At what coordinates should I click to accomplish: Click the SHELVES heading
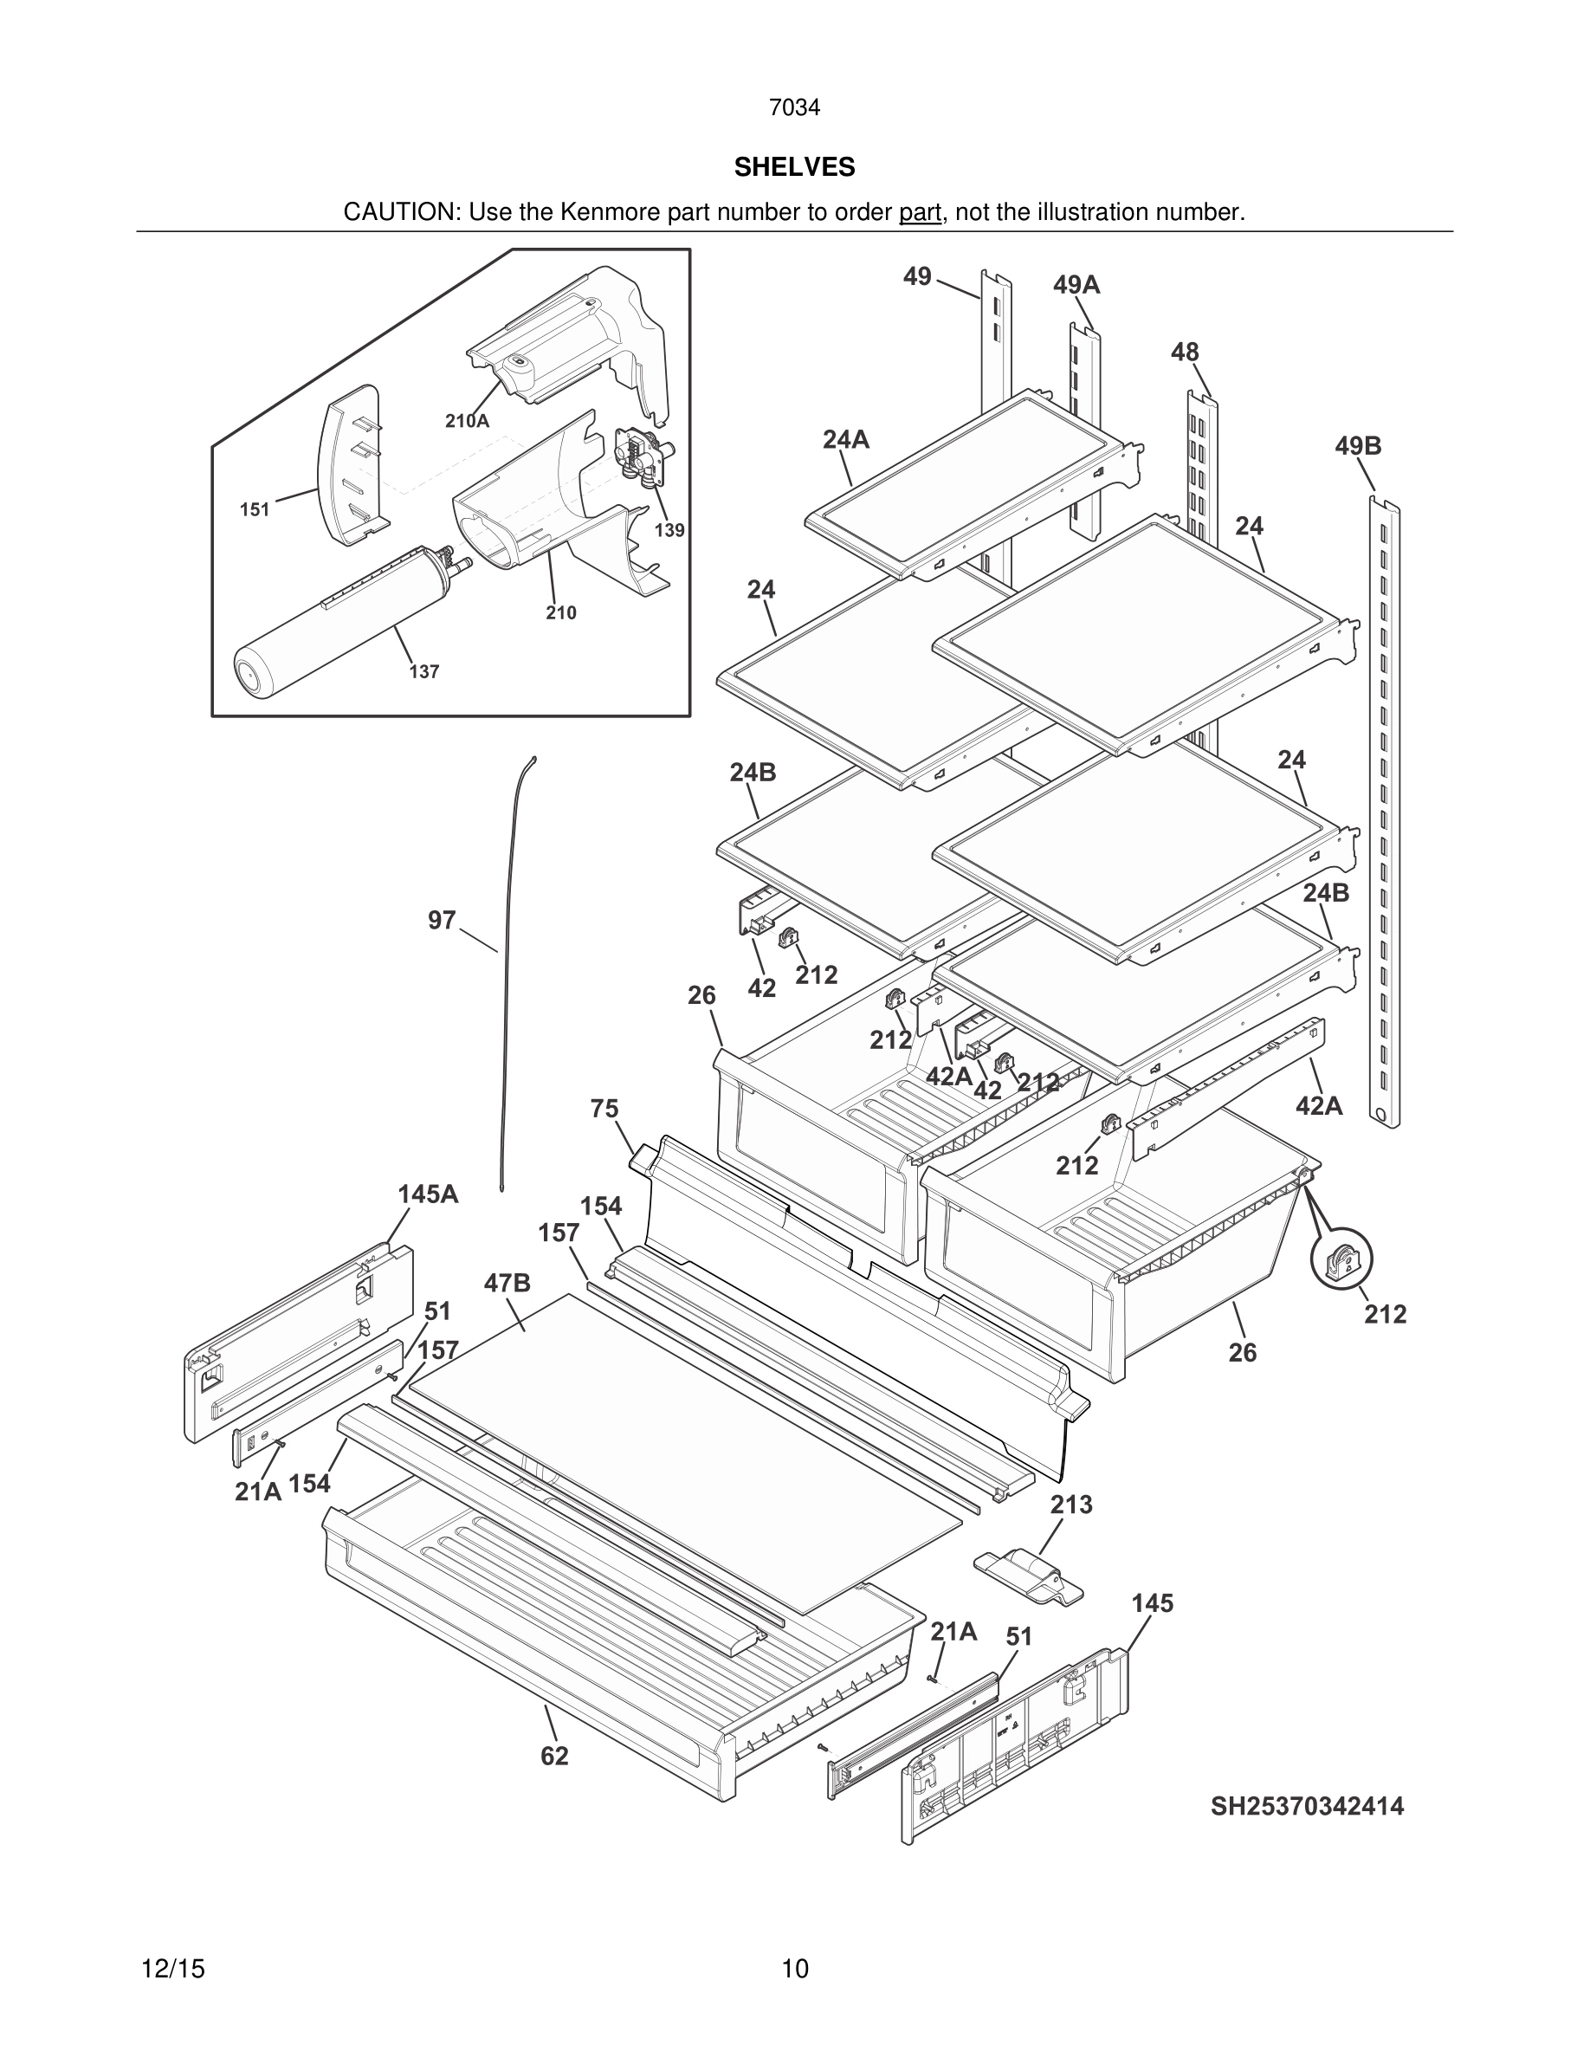tap(794, 167)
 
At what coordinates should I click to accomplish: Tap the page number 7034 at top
tap(794, 108)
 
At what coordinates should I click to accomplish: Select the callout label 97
tap(442, 920)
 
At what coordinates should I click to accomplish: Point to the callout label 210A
tap(467, 421)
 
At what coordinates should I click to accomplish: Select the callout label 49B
tap(1357, 446)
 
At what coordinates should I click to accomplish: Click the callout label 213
tap(1071, 1504)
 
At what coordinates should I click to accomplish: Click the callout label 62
tap(554, 1756)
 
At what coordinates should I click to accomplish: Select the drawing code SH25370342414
tap(1307, 1805)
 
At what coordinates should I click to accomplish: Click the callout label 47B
tap(507, 1283)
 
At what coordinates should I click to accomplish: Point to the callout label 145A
tap(428, 1194)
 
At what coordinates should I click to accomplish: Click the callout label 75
tap(604, 1108)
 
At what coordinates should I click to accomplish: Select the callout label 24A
tap(845, 439)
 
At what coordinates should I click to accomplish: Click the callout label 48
tap(1184, 352)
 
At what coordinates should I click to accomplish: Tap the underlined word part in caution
tap(920, 213)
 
